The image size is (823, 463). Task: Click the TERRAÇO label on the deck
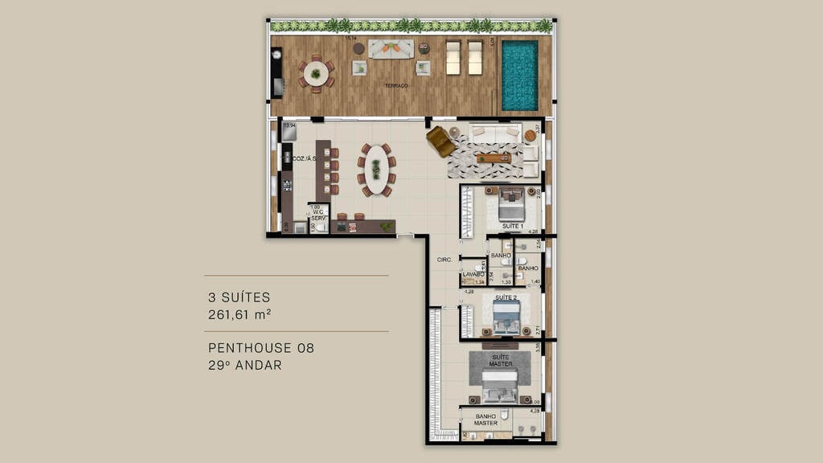pyautogui.click(x=395, y=85)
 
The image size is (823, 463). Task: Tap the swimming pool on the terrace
pyautogui.click(x=519, y=76)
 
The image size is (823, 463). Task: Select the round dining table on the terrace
pyautogui.click(x=315, y=74)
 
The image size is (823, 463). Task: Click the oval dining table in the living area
pyautogui.click(x=375, y=170)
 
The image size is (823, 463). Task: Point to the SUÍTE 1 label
pyautogui.click(x=513, y=227)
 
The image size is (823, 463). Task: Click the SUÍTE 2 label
pyautogui.click(x=506, y=297)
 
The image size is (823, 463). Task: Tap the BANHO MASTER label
pyautogui.click(x=485, y=419)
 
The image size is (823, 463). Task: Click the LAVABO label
pyautogui.click(x=473, y=274)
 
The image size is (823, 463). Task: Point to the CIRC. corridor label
pyautogui.click(x=444, y=260)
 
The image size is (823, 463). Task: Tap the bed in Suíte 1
pyautogui.click(x=512, y=204)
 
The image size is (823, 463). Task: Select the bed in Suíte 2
pyautogui.click(x=506, y=318)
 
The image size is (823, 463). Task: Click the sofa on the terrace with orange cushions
pyautogui.click(x=391, y=48)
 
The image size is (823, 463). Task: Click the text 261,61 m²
pyautogui.click(x=240, y=314)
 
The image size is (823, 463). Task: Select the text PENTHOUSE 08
pyautogui.click(x=260, y=348)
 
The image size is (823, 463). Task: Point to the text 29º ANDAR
pyautogui.click(x=244, y=365)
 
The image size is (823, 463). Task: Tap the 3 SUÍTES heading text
pyautogui.click(x=239, y=297)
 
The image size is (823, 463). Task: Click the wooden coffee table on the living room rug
pyautogui.click(x=493, y=158)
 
